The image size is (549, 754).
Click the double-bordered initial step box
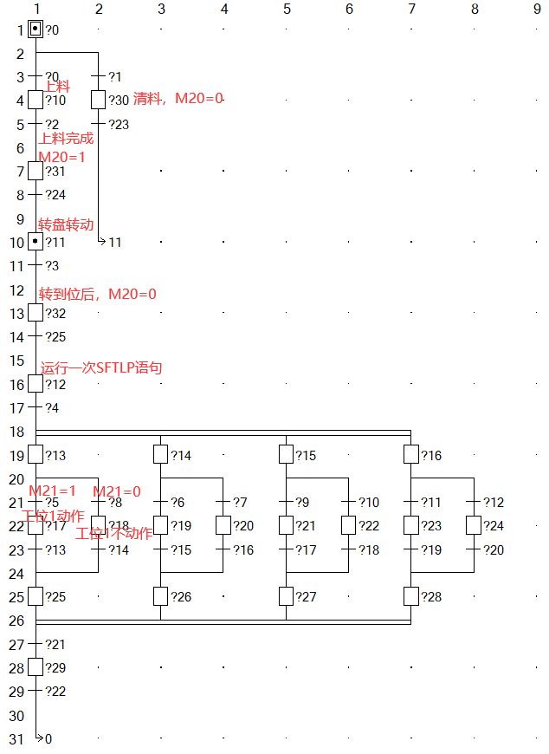pos(36,29)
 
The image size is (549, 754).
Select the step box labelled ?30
pos(98,100)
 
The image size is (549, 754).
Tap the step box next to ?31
pos(36,171)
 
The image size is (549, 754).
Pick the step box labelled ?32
pos(36,313)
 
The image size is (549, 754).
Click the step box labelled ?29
pos(36,667)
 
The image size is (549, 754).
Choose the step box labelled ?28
pos(410,596)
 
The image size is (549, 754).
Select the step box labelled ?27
pos(286,596)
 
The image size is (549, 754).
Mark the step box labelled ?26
pos(160,596)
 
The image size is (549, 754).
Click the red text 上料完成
pos(66,138)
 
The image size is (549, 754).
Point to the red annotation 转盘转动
pos(66,224)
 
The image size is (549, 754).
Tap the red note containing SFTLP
pos(101,367)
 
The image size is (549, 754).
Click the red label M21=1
pos(53,491)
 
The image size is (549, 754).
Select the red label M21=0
pos(117,491)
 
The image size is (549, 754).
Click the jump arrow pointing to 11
pos(102,241)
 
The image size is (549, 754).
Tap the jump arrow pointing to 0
pos(39,738)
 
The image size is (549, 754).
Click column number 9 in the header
pos(537,9)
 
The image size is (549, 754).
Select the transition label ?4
pos(52,407)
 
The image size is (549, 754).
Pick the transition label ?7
pos(240,503)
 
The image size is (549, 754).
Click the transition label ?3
pos(52,265)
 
